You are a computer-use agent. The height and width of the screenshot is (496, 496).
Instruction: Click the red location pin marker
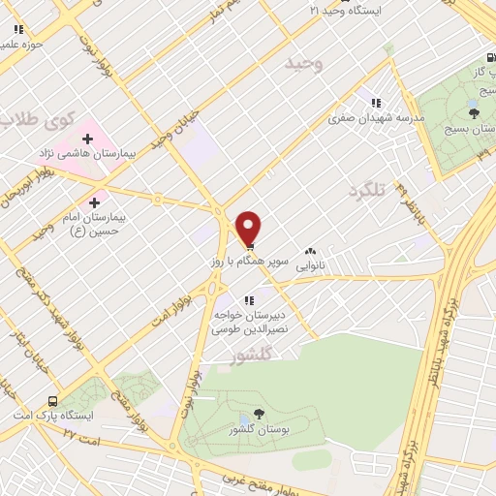click(x=249, y=229)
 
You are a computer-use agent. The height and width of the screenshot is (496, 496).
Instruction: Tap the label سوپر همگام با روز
click(x=248, y=263)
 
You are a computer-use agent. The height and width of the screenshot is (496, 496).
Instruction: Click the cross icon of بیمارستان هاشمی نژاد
click(x=87, y=139)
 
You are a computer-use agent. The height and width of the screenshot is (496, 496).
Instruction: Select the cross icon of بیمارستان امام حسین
click(x=93, y=202)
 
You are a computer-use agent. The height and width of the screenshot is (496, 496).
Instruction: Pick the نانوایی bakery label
click(x=310, y=263)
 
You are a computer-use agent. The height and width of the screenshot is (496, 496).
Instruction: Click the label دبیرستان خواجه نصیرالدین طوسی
click(x=249, y=323)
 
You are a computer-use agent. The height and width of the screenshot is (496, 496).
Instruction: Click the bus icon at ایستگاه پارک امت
click(x=51, y=400)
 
